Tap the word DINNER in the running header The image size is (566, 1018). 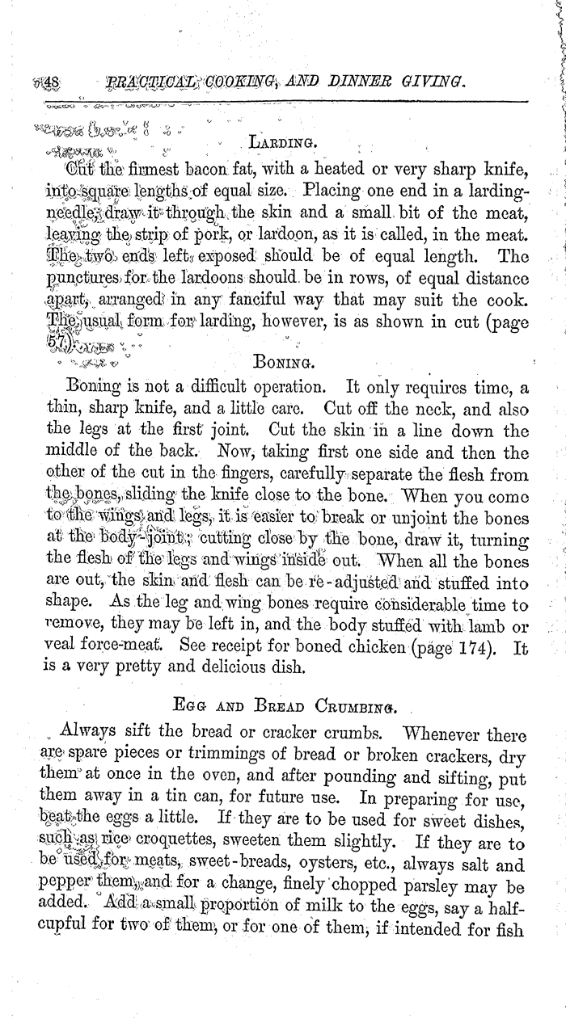361,82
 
